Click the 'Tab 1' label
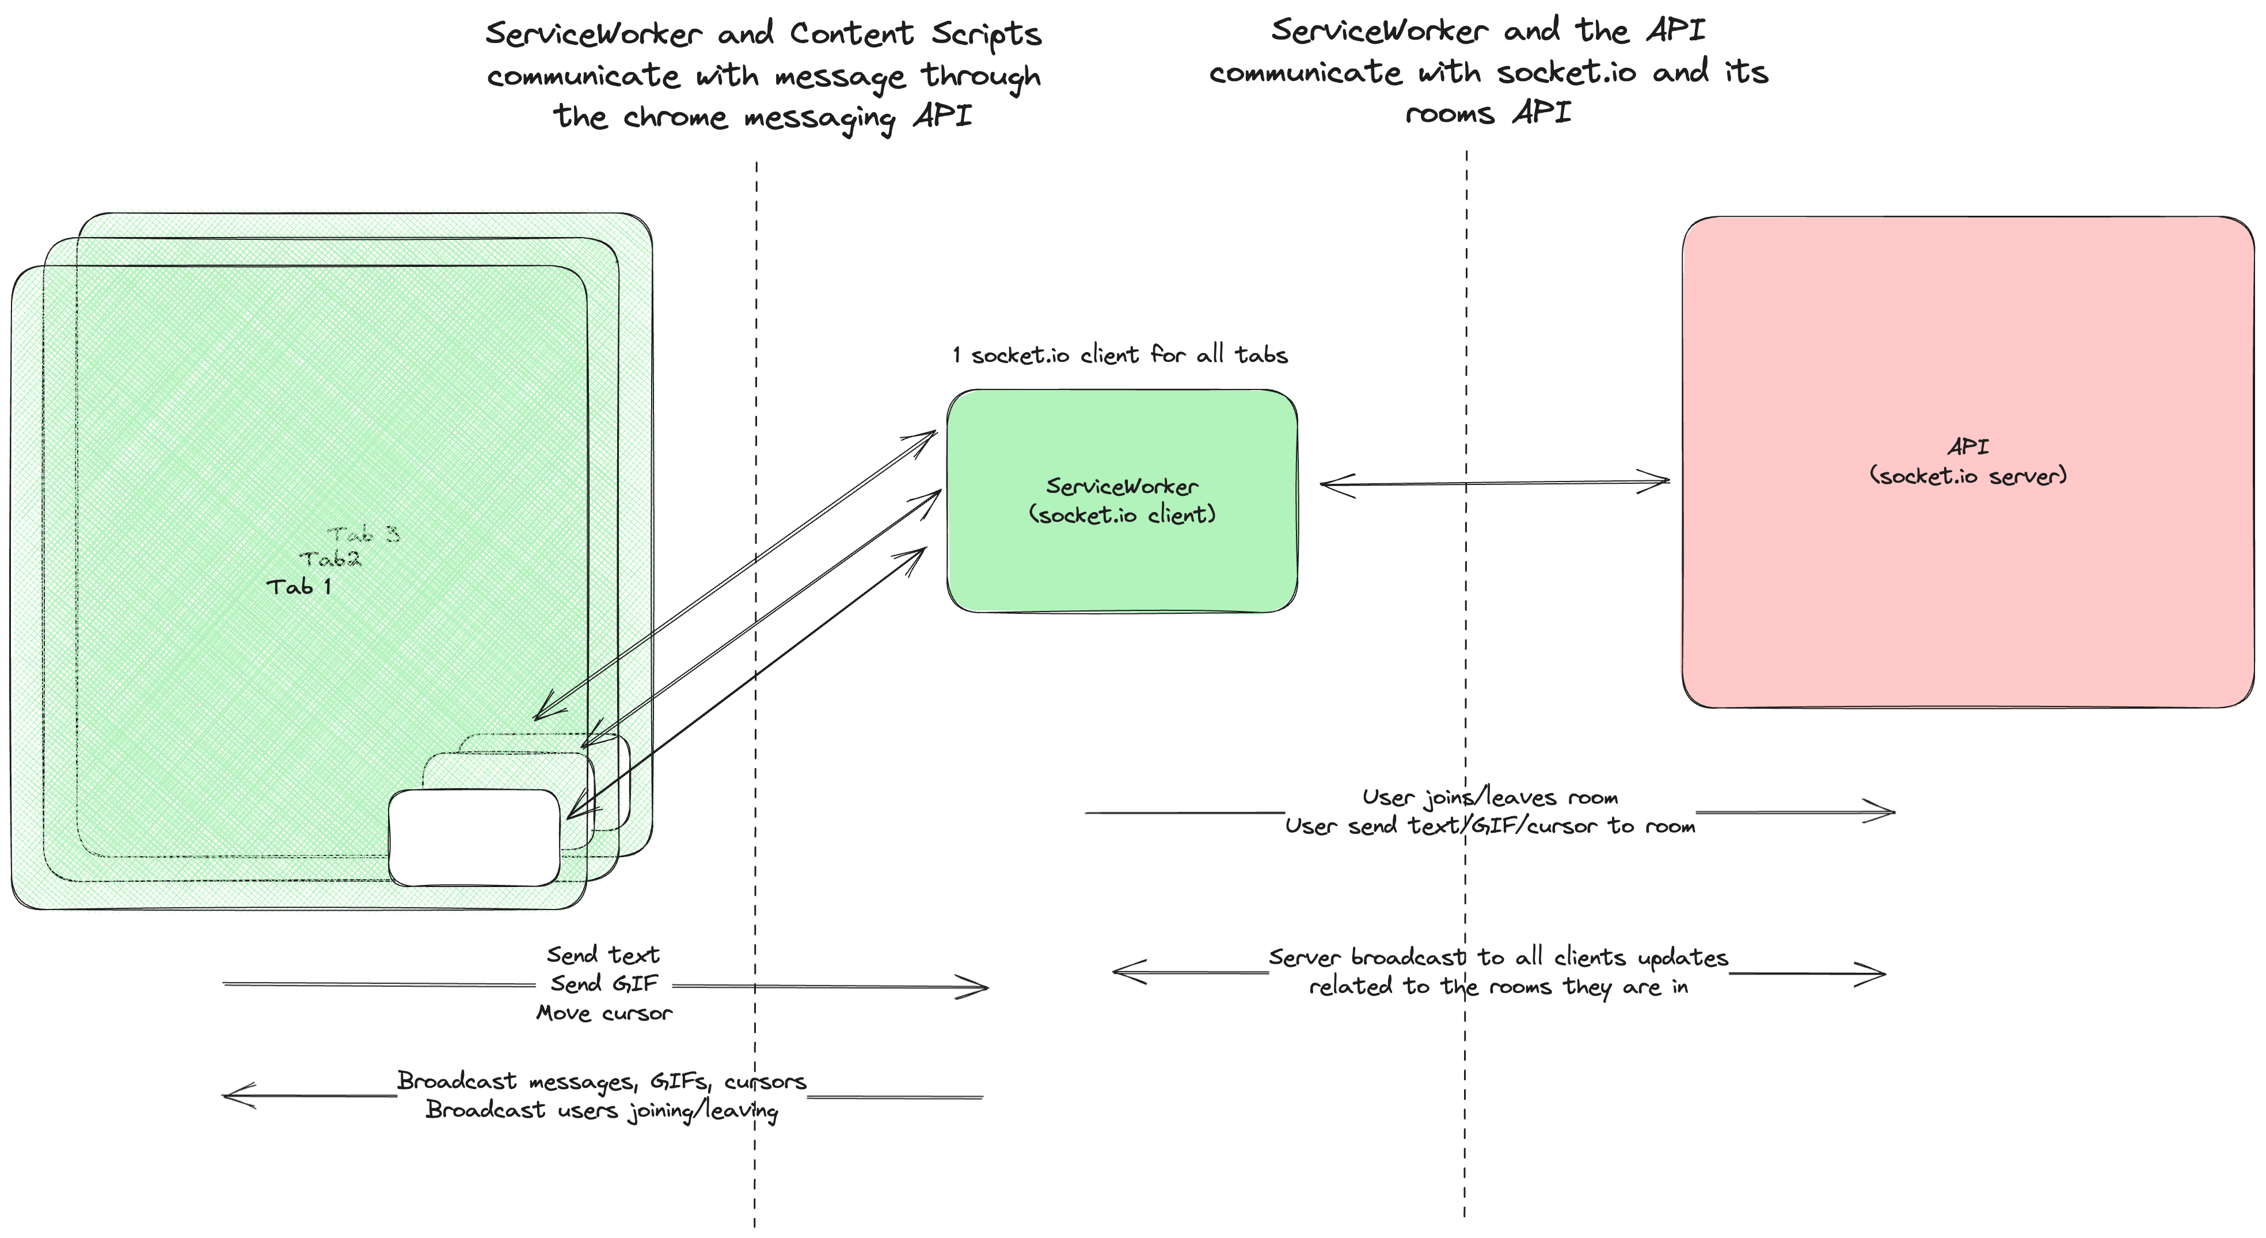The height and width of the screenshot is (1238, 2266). point(299,586)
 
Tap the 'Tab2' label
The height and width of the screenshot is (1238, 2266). point(330,559)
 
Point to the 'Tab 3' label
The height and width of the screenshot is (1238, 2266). point(363,534)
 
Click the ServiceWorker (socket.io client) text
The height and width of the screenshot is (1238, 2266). point(1121,500)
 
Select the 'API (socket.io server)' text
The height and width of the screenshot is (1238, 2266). point(1968,461)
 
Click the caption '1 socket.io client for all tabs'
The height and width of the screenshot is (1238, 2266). point(1120,355)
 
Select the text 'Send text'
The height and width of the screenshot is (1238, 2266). point(603,955)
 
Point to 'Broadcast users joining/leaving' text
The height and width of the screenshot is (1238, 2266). point(602,1110)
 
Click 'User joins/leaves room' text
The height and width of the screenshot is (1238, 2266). point(1490,797)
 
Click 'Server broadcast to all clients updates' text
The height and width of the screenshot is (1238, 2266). point(1498,957)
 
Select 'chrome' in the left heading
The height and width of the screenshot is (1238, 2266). point(675,117)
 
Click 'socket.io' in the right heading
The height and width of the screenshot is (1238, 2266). point(1566,72)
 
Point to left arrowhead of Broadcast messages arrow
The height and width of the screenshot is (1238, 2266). point(234,1095)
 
